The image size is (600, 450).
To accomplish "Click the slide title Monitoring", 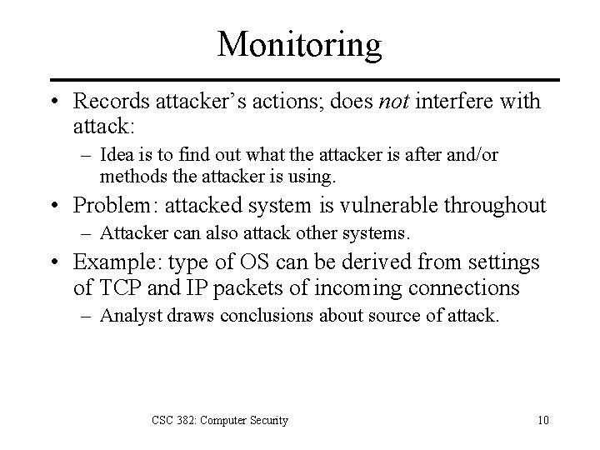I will click(x=299, y=43).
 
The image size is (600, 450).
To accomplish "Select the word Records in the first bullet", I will click(x=107, y=102).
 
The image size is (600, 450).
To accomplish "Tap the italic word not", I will click(x=394, y=102).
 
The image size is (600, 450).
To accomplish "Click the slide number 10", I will click(x=542, y=420).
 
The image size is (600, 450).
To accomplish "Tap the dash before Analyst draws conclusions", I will click(x=85, y=317).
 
